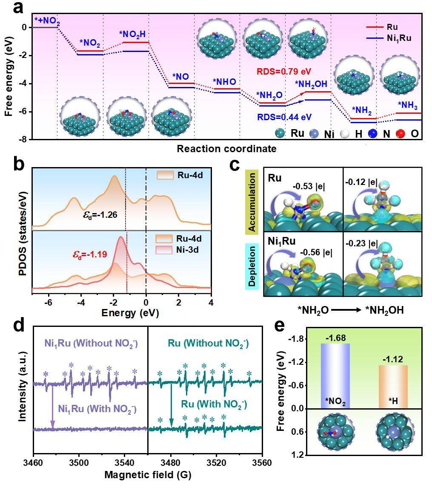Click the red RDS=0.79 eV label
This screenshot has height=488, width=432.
284,71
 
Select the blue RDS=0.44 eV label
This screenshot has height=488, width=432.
284,117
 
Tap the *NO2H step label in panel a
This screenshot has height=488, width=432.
132,34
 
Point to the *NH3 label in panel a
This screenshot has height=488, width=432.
408,106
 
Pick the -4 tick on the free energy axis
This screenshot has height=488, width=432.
24,84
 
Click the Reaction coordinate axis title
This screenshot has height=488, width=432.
226,149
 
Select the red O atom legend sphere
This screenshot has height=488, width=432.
401,133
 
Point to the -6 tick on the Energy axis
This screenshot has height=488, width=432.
49,303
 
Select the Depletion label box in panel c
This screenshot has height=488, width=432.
252,266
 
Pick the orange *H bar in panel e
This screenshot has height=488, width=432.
393,387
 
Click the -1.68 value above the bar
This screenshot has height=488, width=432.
336,338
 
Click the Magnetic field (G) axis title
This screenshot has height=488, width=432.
148,475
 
